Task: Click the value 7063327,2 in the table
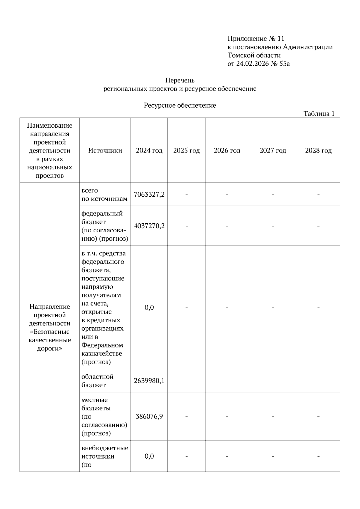[149, 194]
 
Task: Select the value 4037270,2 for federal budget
[149, 226]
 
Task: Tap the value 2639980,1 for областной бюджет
[149, 381]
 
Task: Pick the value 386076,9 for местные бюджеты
[149, 416]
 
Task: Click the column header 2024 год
[149, 150]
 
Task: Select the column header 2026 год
[227, 150]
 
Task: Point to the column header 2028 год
[318, 150]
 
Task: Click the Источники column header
[105, 150]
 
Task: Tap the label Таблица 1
[319, 114]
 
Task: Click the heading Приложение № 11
[256, 39]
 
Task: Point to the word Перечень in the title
[180, 80]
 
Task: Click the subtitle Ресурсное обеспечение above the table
[180, 105]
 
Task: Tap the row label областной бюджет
[97, 381]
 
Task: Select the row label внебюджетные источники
[105, 452]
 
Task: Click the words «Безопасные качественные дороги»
[49, 340]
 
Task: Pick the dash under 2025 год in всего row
[187, 195]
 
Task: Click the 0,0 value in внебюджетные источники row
[149, 456]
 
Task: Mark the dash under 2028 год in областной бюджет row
[318, 381]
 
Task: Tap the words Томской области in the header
[254, 55]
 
